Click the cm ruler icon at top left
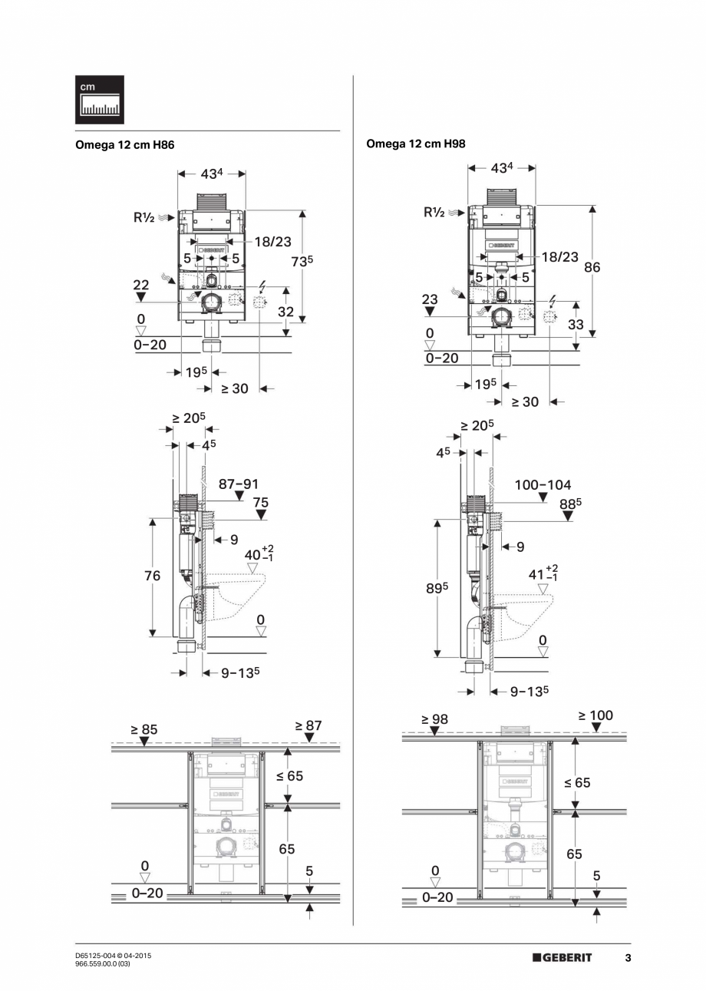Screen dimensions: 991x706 (x=99, y=100)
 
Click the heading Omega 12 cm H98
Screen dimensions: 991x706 (x=416, y=144)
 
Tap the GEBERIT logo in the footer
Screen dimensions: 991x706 (x=562, y=956)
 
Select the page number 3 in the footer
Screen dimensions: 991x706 (x=628, y=957)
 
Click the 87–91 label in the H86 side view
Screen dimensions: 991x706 (x=239, y=484)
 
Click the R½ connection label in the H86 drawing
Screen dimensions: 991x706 (x=144, y=218)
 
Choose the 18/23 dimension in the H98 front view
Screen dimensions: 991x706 (x=559, y=256)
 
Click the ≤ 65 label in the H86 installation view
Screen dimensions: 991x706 (x=290, y=776)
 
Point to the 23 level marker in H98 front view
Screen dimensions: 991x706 (x=429, y=300)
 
